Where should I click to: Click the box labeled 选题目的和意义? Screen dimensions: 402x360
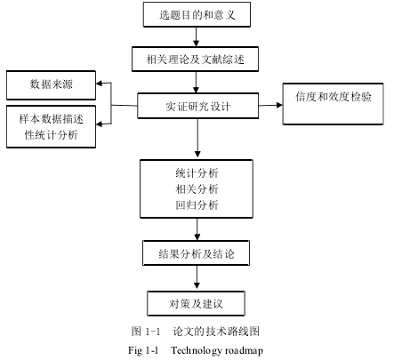(197, 14)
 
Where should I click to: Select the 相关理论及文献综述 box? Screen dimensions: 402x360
(195, 59)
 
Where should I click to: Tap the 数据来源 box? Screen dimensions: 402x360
(51, 85)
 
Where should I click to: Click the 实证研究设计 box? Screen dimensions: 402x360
(197, 106)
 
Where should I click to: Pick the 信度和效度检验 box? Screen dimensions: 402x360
(333, 104)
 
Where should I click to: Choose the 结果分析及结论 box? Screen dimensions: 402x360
(196, 252)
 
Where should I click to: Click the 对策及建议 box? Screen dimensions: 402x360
(196, 303)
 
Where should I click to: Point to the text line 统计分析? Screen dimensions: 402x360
(197, 173)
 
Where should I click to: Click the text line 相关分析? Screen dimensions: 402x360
(197, 188)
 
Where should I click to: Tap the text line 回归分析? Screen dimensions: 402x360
(197, 204)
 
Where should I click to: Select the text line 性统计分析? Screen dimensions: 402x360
(51, 135)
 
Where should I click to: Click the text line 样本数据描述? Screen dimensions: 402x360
(51, 119)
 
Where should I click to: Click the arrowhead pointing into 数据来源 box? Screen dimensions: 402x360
(100, 84)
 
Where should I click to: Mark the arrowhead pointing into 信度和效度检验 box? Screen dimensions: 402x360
(279, 105)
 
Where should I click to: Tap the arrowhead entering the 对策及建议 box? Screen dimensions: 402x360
(197, 286)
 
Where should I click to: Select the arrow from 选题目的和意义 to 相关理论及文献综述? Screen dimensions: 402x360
(196, 36)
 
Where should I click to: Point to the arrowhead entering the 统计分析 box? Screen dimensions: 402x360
(197, 155)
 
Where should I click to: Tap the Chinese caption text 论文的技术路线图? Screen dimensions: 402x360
(216, 332)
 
